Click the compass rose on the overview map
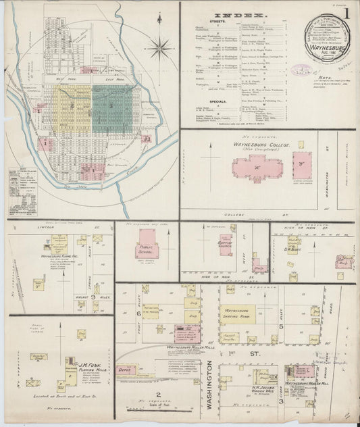[161, 47]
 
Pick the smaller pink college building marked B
[303, 165]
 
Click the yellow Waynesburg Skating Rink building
[237, 314]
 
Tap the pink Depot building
[126, 370]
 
